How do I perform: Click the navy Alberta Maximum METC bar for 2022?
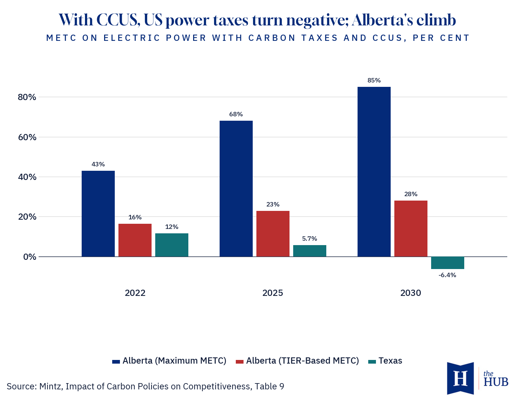pos(98,213)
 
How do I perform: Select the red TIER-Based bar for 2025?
pos(273,233)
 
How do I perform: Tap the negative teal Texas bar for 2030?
pos(447,263)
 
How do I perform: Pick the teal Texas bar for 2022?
pos(171,245)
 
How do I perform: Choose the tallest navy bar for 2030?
pos(374,172)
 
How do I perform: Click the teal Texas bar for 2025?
pos(309,251)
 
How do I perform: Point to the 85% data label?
pos(374,80)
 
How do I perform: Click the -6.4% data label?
pos(447,275)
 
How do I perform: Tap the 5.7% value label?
pos(309,238)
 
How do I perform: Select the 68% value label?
pos(236,114)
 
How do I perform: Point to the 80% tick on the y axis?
pos(27,97)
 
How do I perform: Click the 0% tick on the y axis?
pos(30,257)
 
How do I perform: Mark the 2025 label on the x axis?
pos(273,293)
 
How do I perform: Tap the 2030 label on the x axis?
pos(411,293)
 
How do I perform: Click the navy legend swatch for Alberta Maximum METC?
pos(116,362)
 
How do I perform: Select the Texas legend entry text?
pos(390,361)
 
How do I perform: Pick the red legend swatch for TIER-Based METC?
pos(239,362)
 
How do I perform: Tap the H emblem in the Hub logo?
pos(460,378)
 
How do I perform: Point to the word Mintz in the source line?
pos(51,386)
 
